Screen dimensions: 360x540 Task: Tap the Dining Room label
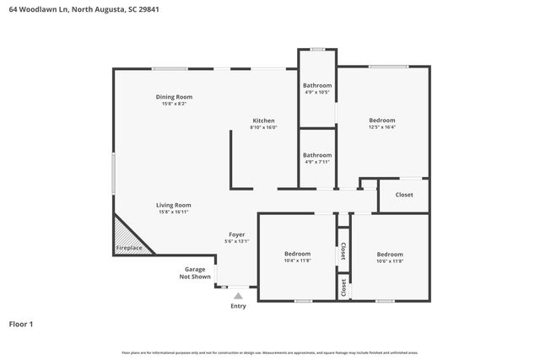(174, 97)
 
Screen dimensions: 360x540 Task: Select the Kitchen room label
(263, 121)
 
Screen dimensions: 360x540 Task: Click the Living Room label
(173, 205)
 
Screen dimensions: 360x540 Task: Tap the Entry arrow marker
(238, 296)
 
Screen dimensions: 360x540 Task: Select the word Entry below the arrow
(238, 306)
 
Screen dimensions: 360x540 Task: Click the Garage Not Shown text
(195, 272)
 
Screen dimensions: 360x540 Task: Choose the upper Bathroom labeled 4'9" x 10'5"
(317, 85)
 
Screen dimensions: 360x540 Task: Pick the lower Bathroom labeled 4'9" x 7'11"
(317, 154)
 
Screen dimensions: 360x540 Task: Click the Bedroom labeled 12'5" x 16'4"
(381, 121)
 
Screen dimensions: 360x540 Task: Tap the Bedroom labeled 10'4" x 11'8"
(297, 254)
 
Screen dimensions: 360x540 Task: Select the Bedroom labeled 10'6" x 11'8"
(390, 254)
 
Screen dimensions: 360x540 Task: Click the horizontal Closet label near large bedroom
(404, 195)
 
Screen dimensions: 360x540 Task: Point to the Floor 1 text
(22, 324)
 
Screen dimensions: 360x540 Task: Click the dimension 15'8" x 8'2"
(174, 104)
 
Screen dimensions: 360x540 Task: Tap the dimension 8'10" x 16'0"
(263, 127)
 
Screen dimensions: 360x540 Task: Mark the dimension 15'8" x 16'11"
(173, 212)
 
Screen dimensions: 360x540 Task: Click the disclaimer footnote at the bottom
(269, 352)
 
